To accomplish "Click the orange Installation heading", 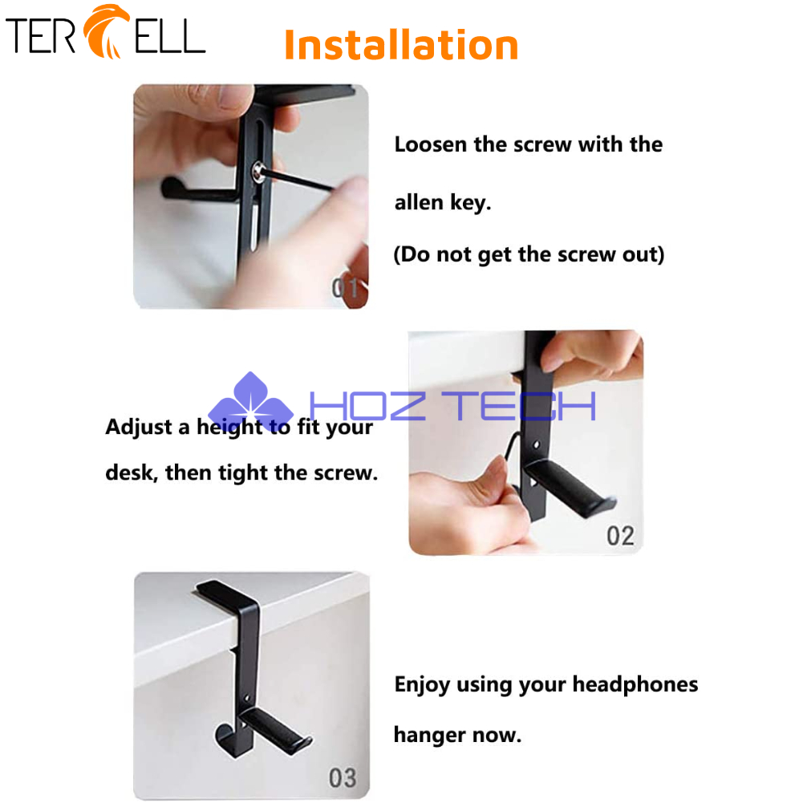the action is click(401, 45).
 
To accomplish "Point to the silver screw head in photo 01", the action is click(258, 172).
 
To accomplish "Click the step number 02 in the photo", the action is click(620, 536).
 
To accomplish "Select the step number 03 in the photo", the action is click(343, 778).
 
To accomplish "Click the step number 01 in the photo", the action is click(345, 287).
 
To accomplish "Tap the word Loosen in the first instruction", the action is click(430, 144).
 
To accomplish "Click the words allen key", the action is click(443, 203).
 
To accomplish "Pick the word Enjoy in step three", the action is click(422, 685).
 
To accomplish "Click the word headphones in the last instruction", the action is click(635, 684).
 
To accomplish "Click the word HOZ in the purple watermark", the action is click(367, 406).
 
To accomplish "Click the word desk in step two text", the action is click(131, 472).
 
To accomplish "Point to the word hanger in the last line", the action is click(429, 736).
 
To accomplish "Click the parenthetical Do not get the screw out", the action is click(529, 254).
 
